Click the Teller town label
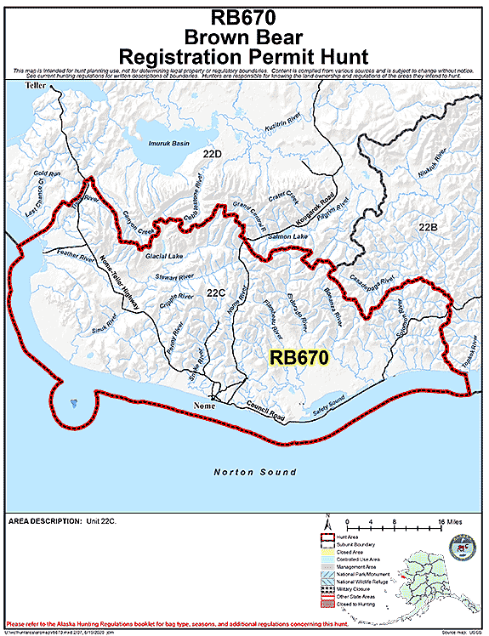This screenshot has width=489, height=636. (x=36, y=87)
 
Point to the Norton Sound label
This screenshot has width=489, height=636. (x=255, y=472)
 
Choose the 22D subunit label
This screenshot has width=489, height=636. (x=212, y=154)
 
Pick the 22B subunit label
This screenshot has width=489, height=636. (x=428, y=227)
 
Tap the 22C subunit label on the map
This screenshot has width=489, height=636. (x=216, y=293)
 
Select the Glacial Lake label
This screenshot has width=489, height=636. (x=164, y=256)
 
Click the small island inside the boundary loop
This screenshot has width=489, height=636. (x=77, y=402)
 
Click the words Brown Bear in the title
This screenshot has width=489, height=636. (x=244, y=37)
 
